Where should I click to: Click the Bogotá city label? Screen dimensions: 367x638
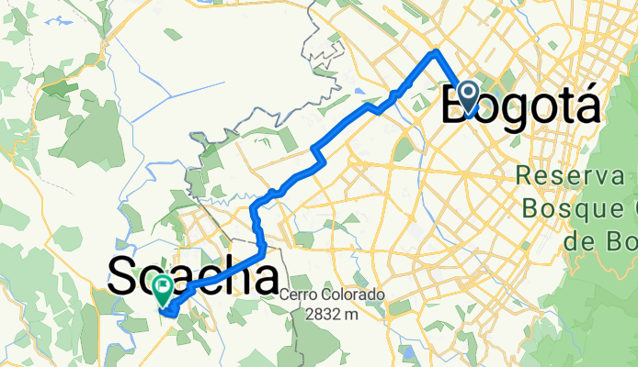(520, 104)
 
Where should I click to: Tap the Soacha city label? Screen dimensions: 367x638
(193, 276)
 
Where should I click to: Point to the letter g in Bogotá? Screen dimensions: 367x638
(519, 108)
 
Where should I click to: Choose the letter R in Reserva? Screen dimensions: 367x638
(525, 175)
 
